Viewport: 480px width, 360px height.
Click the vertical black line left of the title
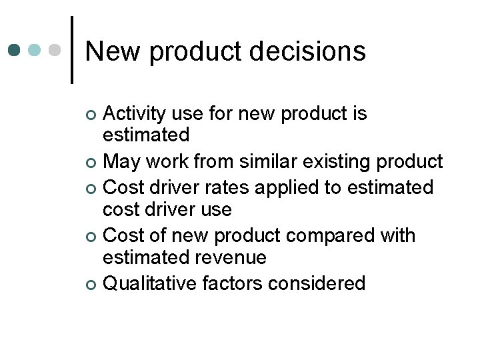[x=72, y=50]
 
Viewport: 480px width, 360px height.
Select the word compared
[x=342, y=236]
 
